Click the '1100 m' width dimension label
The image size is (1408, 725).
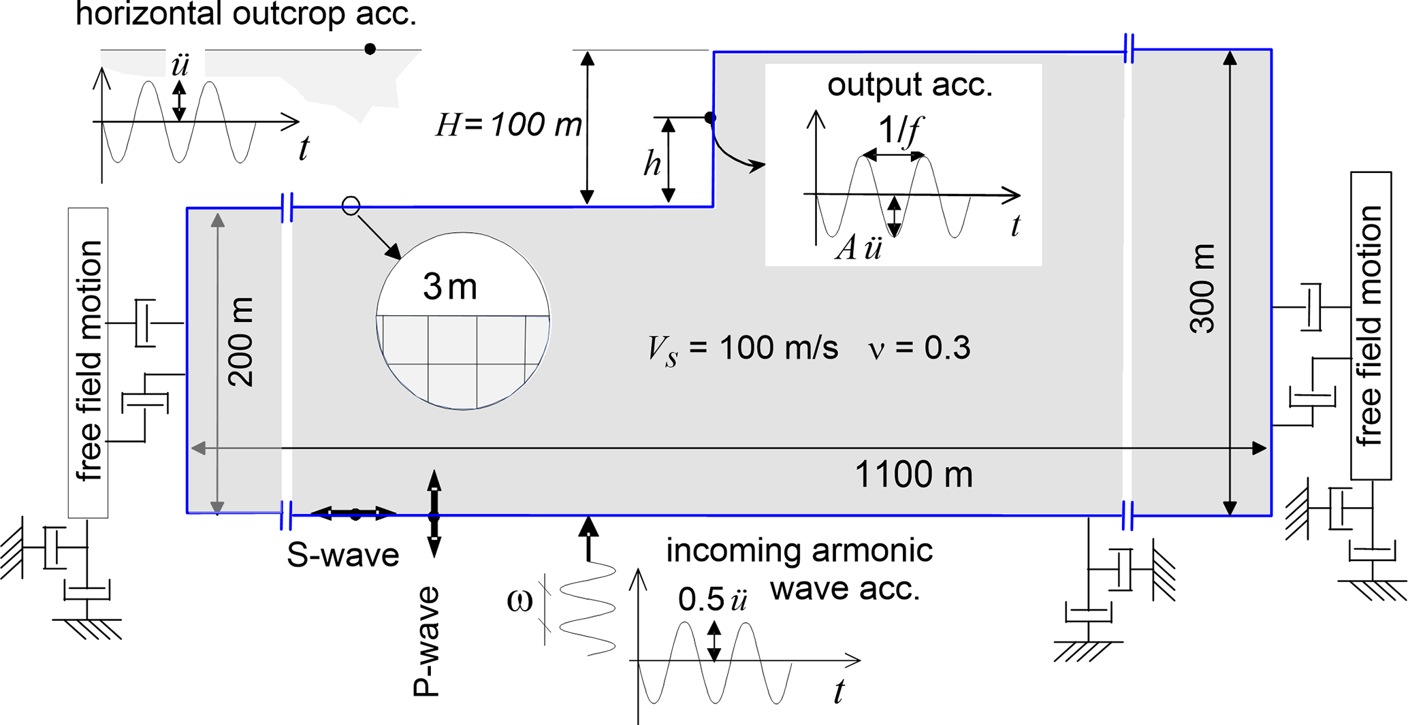coord(913,474)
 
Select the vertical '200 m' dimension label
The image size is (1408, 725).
coord(240,342)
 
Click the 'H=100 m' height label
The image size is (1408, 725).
coord(509,125)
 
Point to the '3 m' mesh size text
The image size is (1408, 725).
coord(450,287)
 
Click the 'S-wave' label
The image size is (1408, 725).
coord(342,555)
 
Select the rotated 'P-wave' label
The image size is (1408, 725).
coord(427,641)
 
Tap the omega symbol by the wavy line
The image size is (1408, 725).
coord(519,601)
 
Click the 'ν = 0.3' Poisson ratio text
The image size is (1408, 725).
coord(919,348)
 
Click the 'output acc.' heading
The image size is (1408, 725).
coord(910,84)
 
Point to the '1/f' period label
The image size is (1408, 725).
coord(899,129)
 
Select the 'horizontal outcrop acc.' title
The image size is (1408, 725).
coord(246,14)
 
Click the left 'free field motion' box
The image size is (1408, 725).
coord(89,362)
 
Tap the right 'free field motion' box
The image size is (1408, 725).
coord(1370,325)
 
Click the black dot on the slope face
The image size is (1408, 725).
coord(710,118)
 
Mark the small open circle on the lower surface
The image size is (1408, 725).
coord(351,206)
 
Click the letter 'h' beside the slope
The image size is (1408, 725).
coord(652,164)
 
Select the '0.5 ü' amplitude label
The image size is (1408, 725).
coord(712,600)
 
